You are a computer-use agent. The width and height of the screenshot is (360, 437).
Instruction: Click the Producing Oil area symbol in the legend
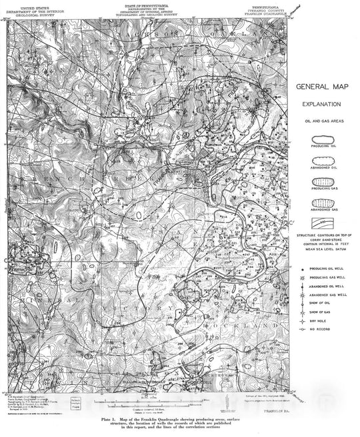322,141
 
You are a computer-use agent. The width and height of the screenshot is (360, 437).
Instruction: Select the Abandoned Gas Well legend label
330,294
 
